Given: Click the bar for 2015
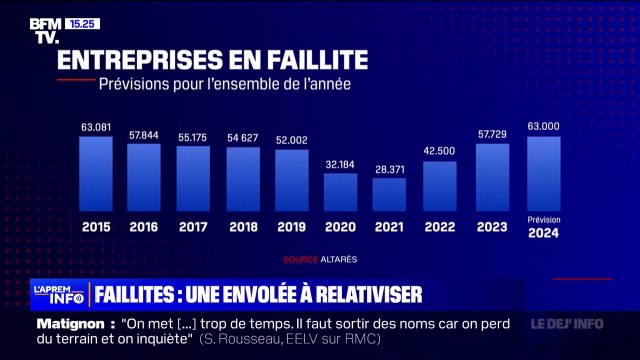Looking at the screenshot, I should [x=95, y=173].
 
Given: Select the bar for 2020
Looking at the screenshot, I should [x=340, y=191].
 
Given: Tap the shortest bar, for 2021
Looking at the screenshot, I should [x=389, y=194].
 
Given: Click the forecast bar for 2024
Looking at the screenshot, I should [x=543, y=173].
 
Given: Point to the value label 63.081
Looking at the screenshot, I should [x=95, y=127].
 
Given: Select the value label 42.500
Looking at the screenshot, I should [x=440, y=152].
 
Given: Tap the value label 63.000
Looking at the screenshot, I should [x=543, y=127].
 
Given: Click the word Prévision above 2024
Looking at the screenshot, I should [x=543, y=219].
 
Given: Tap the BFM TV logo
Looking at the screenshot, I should [x=46, y=30].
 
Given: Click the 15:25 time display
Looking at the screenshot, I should [x=82, y=23].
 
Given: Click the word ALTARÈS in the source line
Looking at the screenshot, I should [x=339, y=259].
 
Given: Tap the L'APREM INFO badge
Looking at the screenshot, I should [x=56, y=294].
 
